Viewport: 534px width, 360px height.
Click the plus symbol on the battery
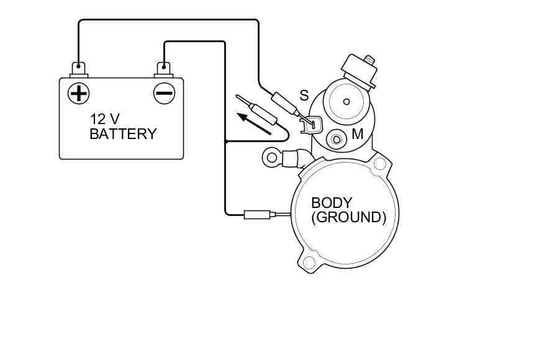point(78,93)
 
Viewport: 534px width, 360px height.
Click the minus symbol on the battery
point(164,93)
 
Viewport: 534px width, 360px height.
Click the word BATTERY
point(123,133)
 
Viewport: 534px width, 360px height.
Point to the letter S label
point(304,96)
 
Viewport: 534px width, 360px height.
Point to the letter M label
point(358,133)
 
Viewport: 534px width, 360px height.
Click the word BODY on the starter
point(332,202)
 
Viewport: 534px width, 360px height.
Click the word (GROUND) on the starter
point(348,217)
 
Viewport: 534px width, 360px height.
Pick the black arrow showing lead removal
point(255,123)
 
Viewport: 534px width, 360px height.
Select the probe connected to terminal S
point(284,101)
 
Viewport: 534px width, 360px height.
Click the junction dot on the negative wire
point(225,142)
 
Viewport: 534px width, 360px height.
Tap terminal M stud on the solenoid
point(337,138)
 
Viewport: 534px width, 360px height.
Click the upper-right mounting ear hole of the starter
point(379,165)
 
